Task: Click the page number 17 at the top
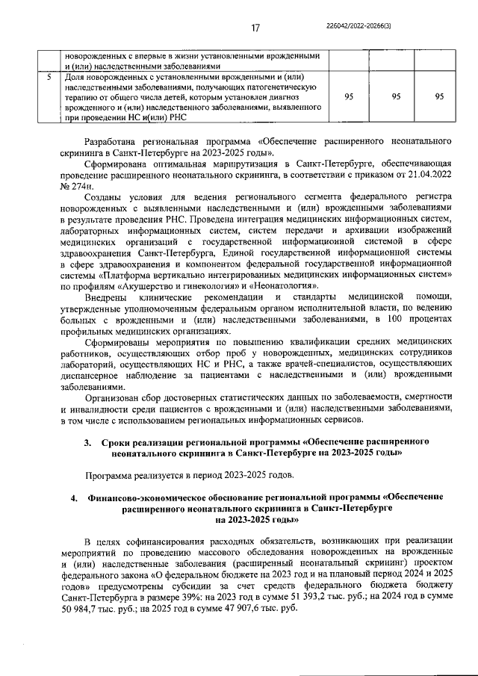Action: pyautogui.click(x=255, y=28)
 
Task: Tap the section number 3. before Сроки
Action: pyautogui.click(x=88, y=441)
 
